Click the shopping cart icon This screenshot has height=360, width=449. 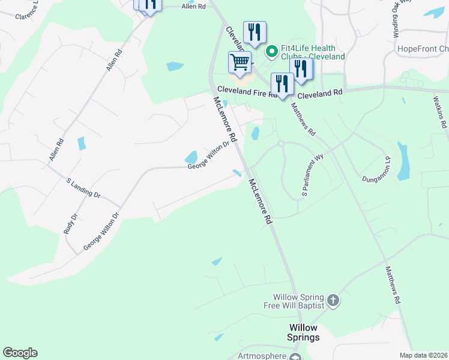pyautogui.click(x=240, y=62)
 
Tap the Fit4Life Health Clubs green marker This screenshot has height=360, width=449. pyautogui.click(x=271, y=52)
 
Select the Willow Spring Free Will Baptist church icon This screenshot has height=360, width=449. pyautogui.click(x=334, y=299)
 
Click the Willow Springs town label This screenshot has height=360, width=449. pyautogui.click(x=303, y=332)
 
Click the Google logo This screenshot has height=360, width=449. pyautogui.click(x=20, y=353)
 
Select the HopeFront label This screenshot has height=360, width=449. pyautogui.click(x=423, y=49)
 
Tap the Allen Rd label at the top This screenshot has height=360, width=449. pyautogui.click(x=193, y=6)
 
